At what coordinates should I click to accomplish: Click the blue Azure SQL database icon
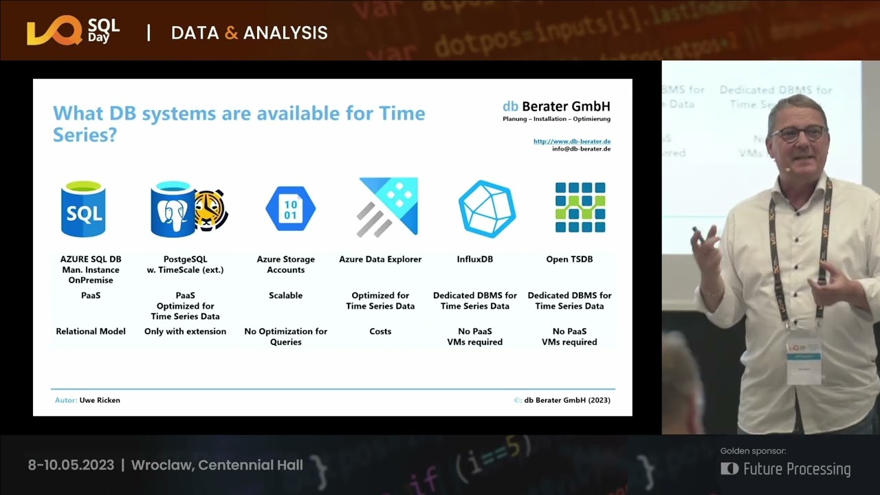82,208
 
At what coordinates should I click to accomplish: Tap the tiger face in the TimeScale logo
211,210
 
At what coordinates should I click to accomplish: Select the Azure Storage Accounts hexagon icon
290,209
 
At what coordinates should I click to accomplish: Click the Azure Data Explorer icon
388,207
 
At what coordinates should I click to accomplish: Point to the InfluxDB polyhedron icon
487,209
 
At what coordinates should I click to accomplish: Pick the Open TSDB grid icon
580,208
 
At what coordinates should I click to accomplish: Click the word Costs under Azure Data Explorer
380,331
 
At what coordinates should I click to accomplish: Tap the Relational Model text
91,331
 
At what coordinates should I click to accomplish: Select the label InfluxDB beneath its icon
474,259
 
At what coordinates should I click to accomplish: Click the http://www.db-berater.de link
571,142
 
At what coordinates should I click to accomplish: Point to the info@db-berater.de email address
581,149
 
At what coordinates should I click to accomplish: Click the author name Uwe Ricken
100,400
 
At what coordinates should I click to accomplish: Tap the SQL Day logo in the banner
73,32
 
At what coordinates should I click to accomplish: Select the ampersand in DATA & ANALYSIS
232,33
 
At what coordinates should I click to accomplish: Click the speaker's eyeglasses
798,133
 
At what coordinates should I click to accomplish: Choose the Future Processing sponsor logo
786,469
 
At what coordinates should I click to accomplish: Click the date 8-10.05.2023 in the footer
71,465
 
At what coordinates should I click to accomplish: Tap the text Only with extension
185,331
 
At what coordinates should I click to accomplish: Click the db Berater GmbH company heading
556,107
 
